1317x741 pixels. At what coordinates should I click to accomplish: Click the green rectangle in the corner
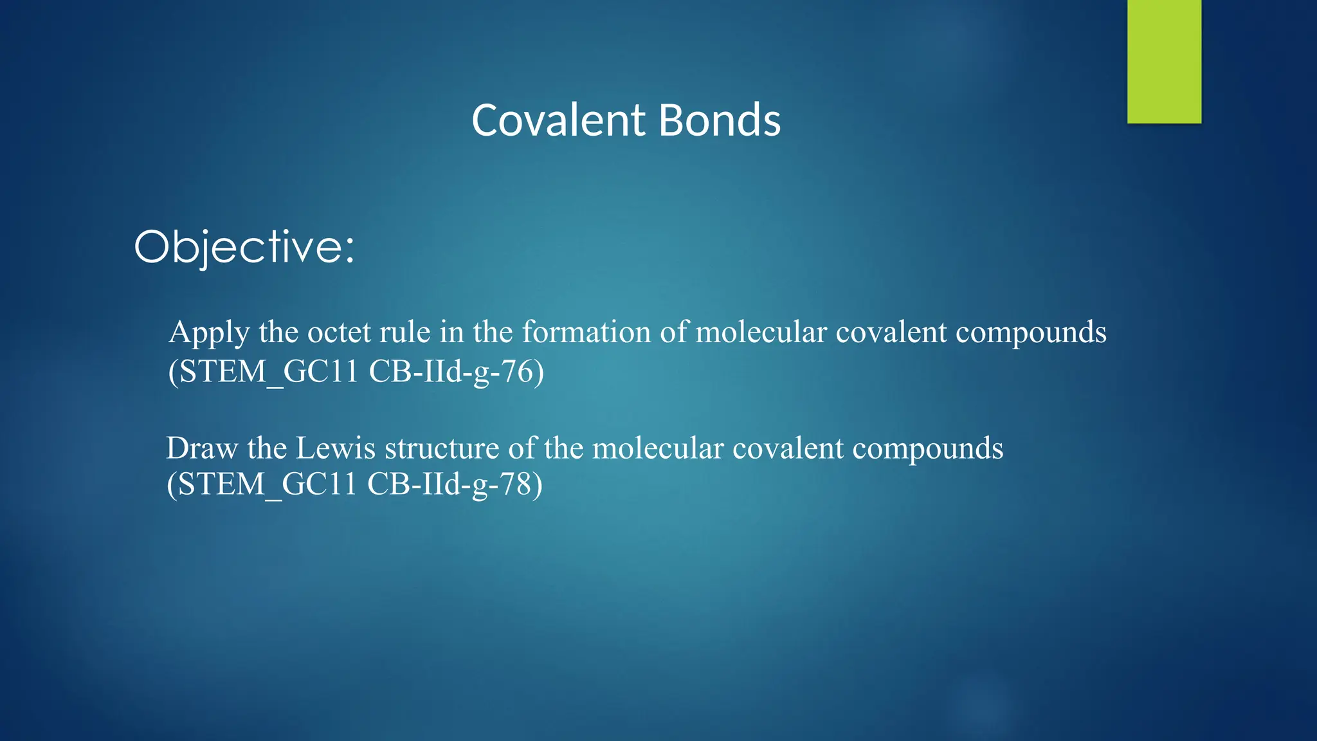coord(1164,61)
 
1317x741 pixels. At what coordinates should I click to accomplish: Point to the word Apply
coord(209,333)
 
